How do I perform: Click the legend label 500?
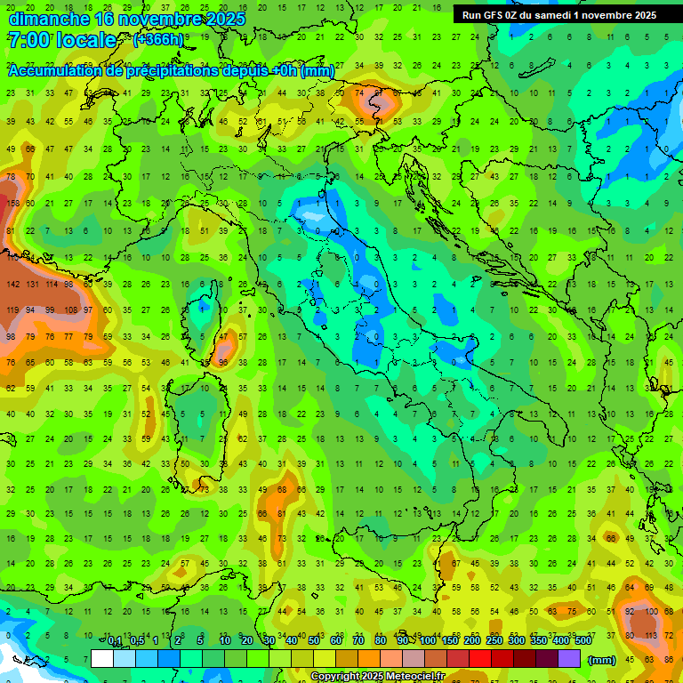point(583,641)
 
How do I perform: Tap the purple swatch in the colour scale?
point(569,658)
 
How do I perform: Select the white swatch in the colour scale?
point(102,658)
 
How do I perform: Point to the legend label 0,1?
point(115,641)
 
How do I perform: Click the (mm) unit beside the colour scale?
point(602,660)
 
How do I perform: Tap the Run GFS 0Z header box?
point(559,15)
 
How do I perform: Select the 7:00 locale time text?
point(62,40)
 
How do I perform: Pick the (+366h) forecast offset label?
point(158,40)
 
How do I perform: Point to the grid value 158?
point(12,204)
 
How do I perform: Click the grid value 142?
point(12,285)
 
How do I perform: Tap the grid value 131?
point(32,285)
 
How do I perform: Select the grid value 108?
point(70,310)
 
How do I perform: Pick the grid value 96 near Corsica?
point(223,363)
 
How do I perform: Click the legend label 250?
point(494,641)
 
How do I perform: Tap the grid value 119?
point(12,310)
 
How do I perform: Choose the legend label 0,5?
point(137,641)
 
